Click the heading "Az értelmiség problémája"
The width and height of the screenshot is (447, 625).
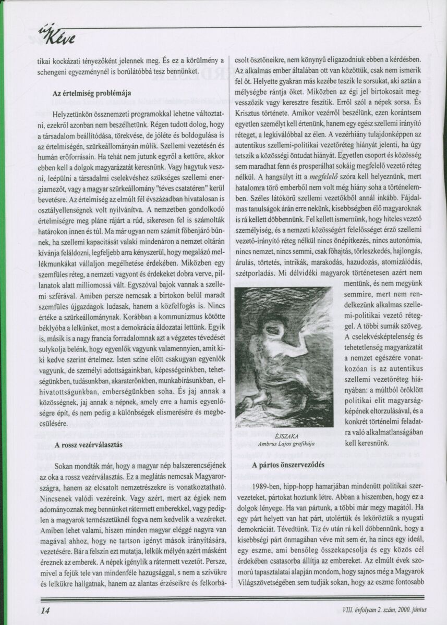pos(91,94)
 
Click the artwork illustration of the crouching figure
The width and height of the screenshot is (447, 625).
pos(284,357)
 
